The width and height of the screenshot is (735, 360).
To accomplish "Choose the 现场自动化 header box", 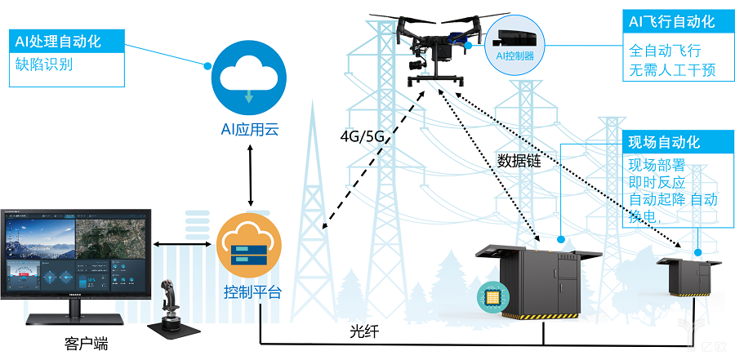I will pos(664,141).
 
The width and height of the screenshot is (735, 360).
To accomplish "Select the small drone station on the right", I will pos(690,276).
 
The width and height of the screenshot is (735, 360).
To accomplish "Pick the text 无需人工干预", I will pos(671,70).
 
